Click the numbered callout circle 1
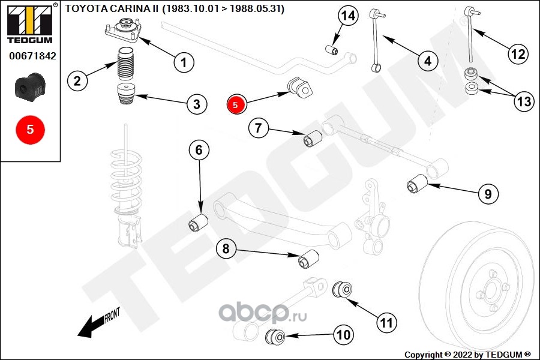tap(184, 61)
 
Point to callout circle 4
tap(427, 61)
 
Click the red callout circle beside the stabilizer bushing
tap(236, 104)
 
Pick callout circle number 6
tap(199, 151)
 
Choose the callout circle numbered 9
tap(488, 194)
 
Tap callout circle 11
tap(387, 322)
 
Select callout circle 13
tap(524, 102)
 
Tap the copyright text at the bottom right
tap(468, 354)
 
